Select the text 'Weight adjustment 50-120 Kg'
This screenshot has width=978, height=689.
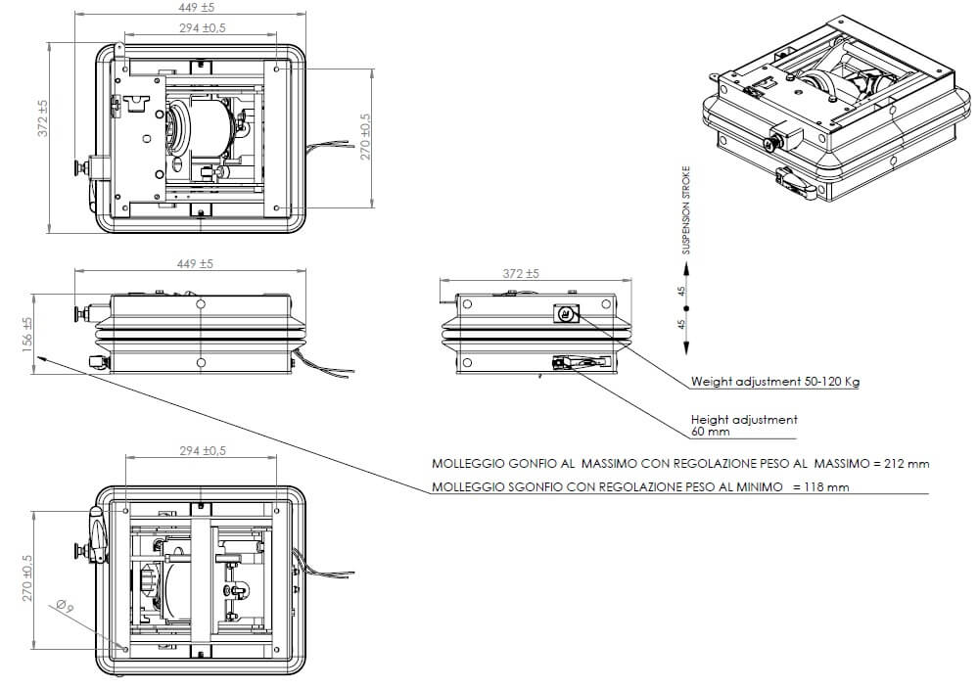774,382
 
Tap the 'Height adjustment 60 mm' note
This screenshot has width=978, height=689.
744,425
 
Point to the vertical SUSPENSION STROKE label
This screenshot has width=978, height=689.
686,209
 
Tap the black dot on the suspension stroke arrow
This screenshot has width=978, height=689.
686,308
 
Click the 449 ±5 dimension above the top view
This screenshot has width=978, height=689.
190,9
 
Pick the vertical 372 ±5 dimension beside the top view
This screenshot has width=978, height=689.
42,117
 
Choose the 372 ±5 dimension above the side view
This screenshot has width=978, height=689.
521,274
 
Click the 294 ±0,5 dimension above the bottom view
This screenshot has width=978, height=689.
203,451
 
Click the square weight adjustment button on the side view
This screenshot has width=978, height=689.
567,313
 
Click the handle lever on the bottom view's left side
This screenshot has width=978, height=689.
97,533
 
